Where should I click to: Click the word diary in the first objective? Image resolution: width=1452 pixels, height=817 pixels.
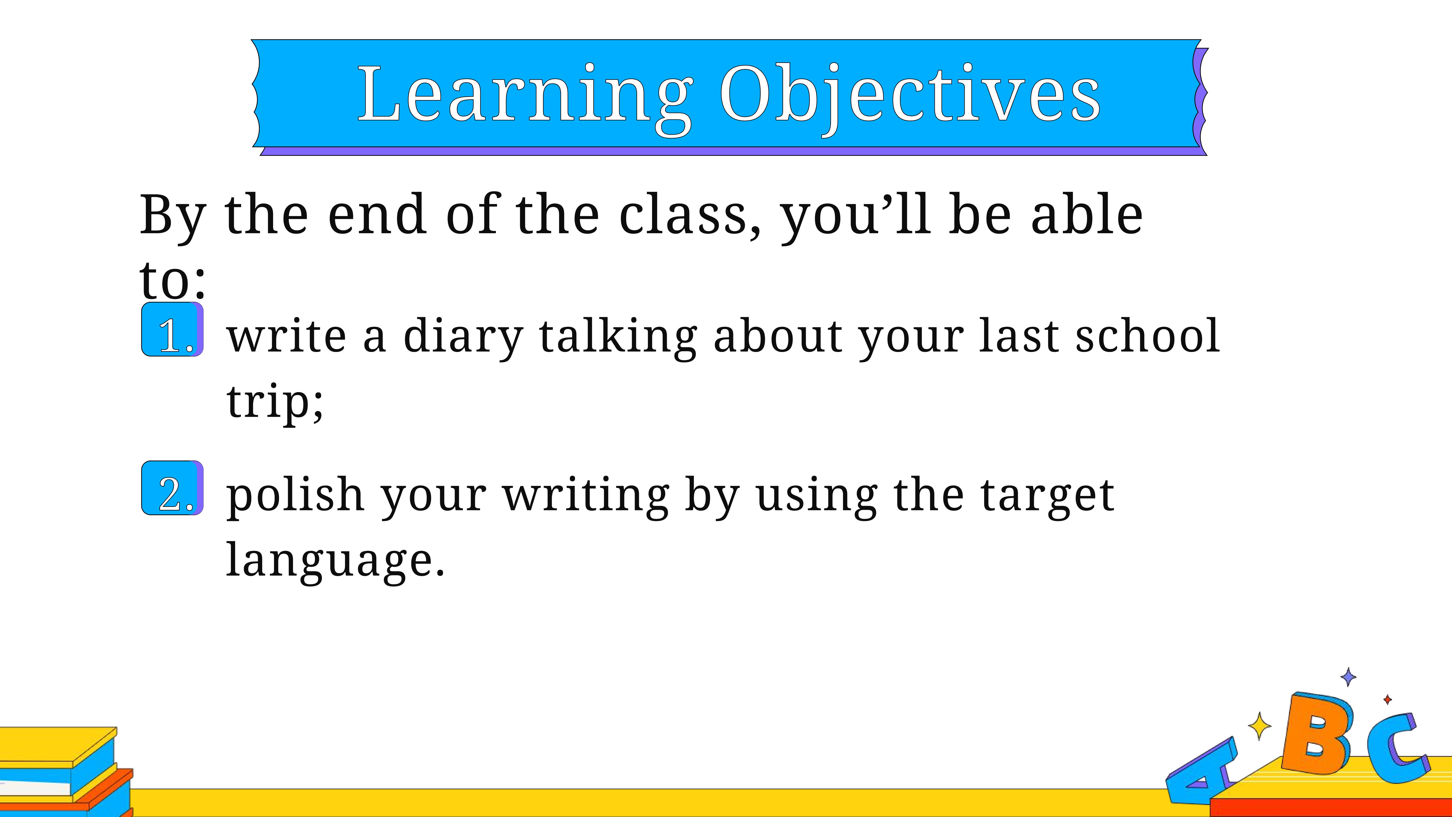pos(463,337)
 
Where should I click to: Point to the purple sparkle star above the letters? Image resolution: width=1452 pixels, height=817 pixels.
pos(1348,677)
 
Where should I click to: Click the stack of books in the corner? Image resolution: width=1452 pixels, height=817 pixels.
pos(65,771)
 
